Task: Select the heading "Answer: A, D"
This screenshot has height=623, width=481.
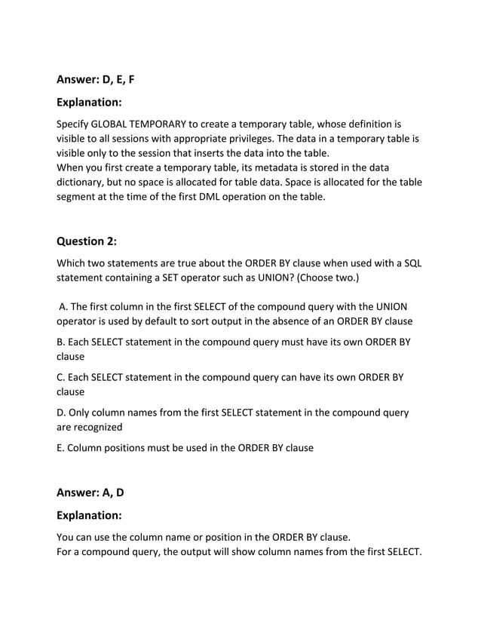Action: coord(90,493)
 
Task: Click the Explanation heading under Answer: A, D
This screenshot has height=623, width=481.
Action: coord(89,517)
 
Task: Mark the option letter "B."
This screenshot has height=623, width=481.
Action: coord(61,341)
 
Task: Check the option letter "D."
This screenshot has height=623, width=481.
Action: coord(62,413)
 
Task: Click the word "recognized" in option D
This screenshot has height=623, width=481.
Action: coord(90,428)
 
